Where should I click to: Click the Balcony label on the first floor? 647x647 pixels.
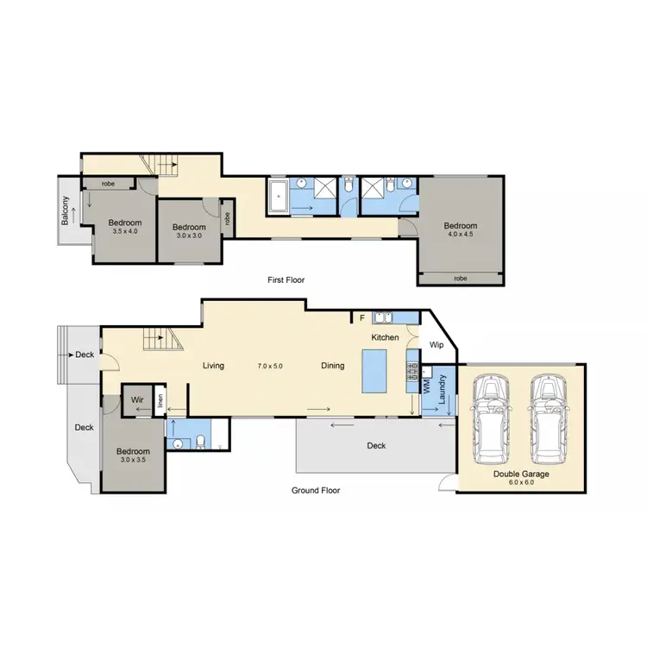click(x=66, y=212)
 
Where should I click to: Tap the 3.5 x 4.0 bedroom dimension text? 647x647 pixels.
click(x=125, y=232)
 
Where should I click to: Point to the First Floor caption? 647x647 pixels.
click(x=286, y=280)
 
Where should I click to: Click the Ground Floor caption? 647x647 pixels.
click(x=317, y=490)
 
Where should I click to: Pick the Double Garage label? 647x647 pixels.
click(x=521, y=474)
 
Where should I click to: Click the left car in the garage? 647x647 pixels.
click(x=490, y=418)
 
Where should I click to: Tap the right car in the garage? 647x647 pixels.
click(x=550, y=418)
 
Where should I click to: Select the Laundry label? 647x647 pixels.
click(x=441, y=389)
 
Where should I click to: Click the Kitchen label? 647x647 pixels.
click(x=386, y=337)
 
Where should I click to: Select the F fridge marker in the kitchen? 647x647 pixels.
click(x=361, y=318)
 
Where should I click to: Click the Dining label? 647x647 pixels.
click(x=333, y=366)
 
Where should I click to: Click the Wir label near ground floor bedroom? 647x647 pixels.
click(x=136, y=400)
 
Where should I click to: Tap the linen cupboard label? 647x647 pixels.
click(x=161, y=400)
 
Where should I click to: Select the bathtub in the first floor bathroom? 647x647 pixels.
click(x=278, y=196)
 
